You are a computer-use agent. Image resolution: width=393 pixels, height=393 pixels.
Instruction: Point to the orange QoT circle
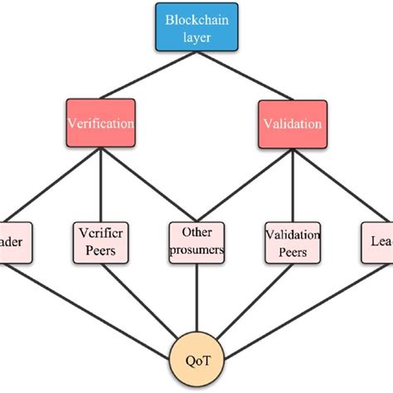point(196,360)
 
